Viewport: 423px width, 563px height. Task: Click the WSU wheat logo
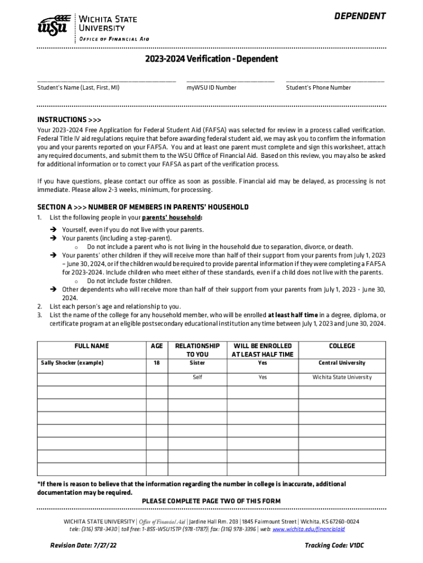click(53, 25)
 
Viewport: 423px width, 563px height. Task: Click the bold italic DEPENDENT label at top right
click(360, 16)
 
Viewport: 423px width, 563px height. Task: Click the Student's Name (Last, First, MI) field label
click(78, 87)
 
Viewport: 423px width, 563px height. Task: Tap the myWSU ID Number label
click(211, 87)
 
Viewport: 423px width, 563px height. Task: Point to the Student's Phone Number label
click(319, 87)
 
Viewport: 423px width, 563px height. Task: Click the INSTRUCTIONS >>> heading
click(69, 120)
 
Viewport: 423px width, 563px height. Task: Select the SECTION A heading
click(143, 207)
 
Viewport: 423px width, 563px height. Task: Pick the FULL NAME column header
click(92, 346)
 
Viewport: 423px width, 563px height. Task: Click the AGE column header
click(157, 346)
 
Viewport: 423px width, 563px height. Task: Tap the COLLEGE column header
click(342, 346)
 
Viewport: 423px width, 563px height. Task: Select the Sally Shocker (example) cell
click(72, 363)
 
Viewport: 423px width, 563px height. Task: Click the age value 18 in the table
click(157, 363)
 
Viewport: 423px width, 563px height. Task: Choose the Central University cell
click(342, 363)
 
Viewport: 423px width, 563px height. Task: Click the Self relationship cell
click(197, 377)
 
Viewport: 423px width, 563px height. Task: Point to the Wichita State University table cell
click(342, 377)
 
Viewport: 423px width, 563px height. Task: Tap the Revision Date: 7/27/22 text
click(84, 545)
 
